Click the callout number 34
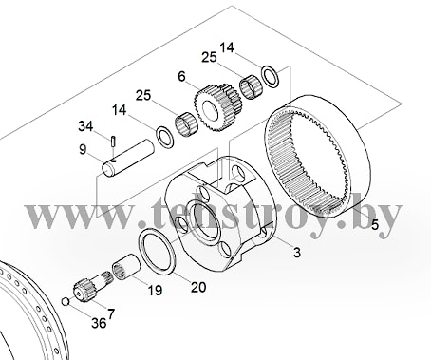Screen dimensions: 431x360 click(85, 126)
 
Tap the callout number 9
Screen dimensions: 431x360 click(83, 149)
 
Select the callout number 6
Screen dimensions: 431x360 click(181, 76)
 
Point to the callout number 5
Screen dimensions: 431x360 click(375, 225)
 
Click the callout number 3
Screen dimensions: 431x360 click(297, 253)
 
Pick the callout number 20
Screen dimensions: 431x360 click(198, 287)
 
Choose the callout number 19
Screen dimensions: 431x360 click(155, 290)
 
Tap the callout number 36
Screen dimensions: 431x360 click(99, 323)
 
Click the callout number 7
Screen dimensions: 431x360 click(111, 314)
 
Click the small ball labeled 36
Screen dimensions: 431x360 click(66, 301)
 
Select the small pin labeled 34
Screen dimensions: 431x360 click(113, 141)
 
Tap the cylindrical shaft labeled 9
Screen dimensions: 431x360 click(128, 158)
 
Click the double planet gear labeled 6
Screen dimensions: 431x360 click(217, 107)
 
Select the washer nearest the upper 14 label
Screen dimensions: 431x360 click(270, 77)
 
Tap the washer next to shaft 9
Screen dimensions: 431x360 click(164, 137)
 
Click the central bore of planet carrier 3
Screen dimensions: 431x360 click(206, 221)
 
